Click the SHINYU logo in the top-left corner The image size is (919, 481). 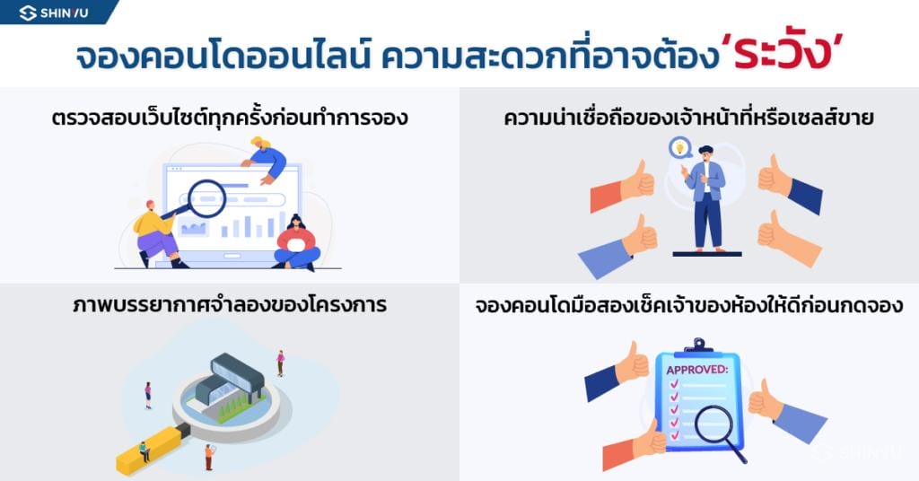pos(54,13)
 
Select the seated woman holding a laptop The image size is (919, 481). pos(297,244)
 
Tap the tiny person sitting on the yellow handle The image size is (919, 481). pos(144,450)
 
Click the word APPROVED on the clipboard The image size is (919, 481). pos(696,369)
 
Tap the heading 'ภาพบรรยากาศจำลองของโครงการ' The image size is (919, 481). pos(230,304)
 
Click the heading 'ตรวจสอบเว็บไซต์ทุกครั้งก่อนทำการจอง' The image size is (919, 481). pos(230,117)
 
